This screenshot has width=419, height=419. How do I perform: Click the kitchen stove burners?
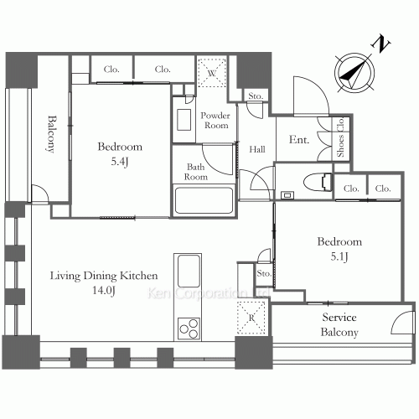pos(189,327)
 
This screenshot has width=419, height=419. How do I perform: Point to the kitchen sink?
pos(188,273)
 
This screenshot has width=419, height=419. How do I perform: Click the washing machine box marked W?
pos(209,72)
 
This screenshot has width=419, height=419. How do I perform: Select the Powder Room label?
pos(217,120)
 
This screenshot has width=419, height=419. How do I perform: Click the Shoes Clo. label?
pos(340,139)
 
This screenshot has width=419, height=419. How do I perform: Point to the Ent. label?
pos(300,141)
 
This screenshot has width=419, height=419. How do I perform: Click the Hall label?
pos(258,149)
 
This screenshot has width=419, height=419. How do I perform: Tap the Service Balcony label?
pos(340,325)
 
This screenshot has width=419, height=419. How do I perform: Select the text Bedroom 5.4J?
pos(121,153)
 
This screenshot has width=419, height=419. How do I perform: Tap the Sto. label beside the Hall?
pos(256,96)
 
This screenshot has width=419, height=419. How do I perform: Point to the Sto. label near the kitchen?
pos(263,273)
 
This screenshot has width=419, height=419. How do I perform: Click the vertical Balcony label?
pos(52,134)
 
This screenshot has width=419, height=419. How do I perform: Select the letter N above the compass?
pos(381,42)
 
